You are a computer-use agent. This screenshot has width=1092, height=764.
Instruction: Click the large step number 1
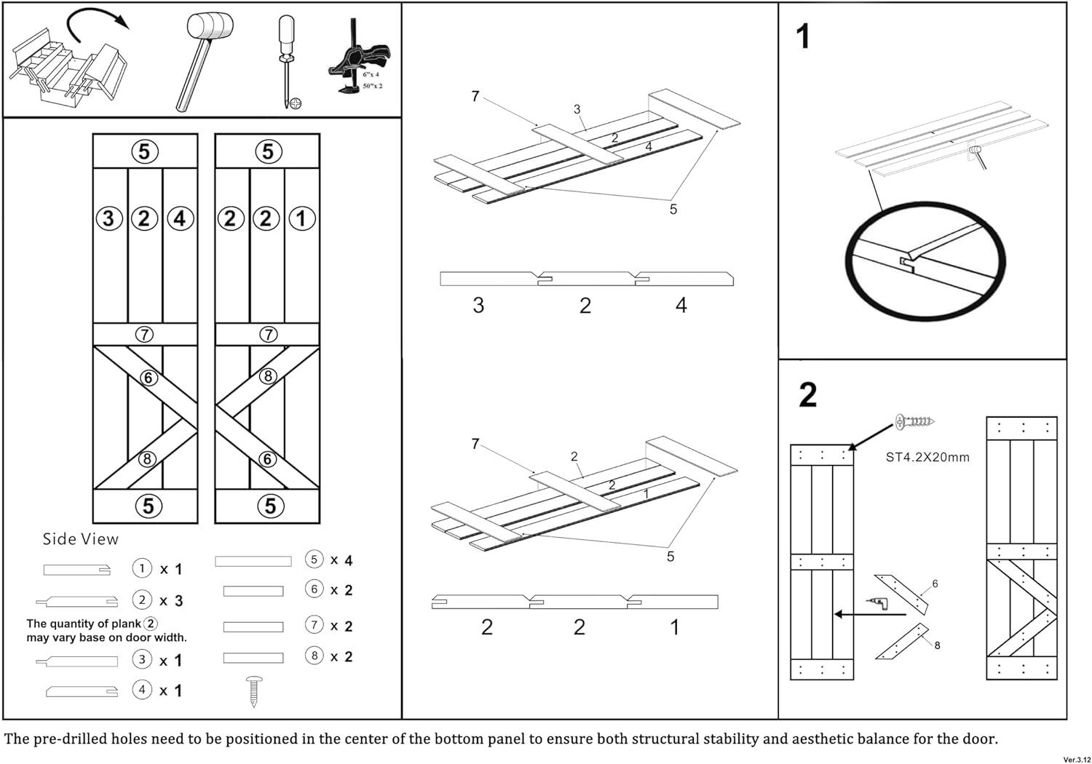point(803,36)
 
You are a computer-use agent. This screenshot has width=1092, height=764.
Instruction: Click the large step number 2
point(807,395)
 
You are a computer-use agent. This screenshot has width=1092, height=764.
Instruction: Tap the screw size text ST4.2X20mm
point(927,458)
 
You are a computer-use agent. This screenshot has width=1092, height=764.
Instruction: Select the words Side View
point(80,539)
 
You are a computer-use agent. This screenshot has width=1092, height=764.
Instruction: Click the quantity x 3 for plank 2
point(171,601)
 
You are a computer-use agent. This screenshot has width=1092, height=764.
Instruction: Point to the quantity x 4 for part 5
point(341,560)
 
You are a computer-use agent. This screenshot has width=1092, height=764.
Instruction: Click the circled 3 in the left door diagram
point(109,218)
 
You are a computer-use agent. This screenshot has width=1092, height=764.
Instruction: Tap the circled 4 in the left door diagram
point(179,218)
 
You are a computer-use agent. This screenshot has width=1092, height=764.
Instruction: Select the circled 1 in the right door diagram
point(301,218)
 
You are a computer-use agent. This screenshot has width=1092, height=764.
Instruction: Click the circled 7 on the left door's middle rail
point(146,334)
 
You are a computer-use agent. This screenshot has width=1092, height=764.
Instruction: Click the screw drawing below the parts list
point(254,691)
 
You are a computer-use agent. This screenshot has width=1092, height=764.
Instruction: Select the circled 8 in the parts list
point(314,656)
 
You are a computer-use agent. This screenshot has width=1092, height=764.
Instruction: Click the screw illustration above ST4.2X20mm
point(915,421)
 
